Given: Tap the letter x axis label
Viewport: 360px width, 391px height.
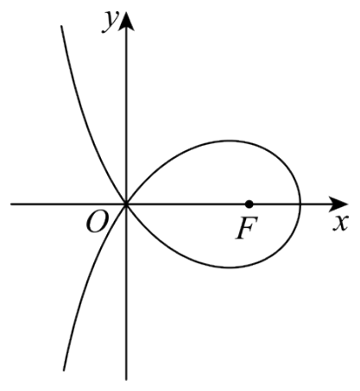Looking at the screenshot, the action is tap(341, 223).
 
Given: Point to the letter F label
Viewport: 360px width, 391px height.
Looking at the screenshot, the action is tap(246, 228).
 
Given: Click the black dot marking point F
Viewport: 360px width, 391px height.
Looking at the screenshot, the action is tap(249, 205).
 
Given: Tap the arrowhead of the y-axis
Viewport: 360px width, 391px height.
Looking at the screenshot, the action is tap(126, 21).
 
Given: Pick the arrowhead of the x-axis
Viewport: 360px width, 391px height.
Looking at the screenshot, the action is tap(338, 205).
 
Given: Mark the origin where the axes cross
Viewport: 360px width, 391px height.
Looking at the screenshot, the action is tap(126, 205).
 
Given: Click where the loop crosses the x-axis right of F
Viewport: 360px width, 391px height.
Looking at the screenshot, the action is tap(300, 205).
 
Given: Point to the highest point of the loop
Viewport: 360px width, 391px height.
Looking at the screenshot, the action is tap(231, 141).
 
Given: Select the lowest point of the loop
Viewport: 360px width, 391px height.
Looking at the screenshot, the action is tap(231, 268).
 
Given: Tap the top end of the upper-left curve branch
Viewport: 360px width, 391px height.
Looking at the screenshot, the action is tap(61, 26).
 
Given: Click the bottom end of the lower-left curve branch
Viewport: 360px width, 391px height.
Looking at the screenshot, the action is tap(64, 370).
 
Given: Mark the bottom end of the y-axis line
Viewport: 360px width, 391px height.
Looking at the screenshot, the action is tap(126, 380).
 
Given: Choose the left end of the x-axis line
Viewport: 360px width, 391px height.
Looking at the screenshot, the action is tap(11, 205).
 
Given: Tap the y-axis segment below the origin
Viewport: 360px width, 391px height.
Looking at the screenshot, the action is tap(126, 292).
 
